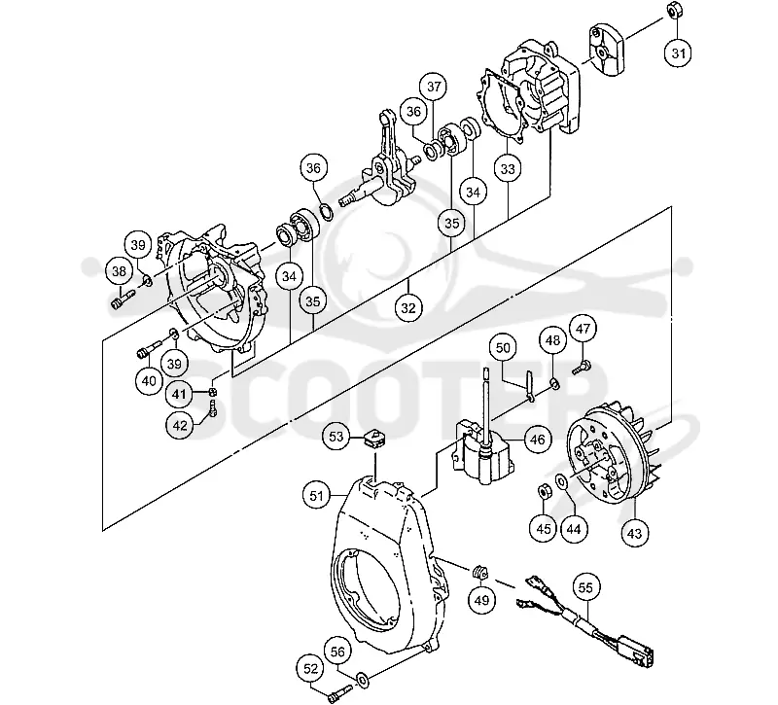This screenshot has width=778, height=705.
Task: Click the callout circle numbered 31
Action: click(x=678, y=53)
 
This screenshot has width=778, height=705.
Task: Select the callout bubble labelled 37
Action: click(x=434, y=87)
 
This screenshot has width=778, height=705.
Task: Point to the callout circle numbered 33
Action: click(x=508, y=169)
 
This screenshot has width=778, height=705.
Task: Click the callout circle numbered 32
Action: click(x=408, y=308)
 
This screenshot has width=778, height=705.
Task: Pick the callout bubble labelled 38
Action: click(x=119, y=271)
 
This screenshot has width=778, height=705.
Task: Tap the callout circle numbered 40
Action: click(x=149, y=381)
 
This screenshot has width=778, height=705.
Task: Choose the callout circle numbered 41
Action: click(x=179, y=395)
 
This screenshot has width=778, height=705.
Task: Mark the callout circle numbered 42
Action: click(x=180, y=426)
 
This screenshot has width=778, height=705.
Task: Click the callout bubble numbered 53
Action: click(x=336, y=437)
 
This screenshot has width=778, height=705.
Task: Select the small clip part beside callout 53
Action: click(x=374, y=439)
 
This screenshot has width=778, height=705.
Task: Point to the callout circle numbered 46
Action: click(x=538, y=440)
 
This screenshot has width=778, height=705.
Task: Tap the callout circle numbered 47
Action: click(x=583, y=329)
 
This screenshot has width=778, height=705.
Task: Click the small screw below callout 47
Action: click(x=580, y=369)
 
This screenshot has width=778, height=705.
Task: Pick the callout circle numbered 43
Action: click(x=635, y=534)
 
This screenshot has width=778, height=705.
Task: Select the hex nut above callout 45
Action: click(x=544, y=492)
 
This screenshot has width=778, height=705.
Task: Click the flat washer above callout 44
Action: click(x=562, y=481)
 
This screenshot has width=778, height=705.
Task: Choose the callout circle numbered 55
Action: click(x=586, y=588)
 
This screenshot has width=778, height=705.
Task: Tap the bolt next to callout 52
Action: click(x=339, y=692)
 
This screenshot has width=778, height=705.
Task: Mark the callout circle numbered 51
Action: click(x=317, y=496)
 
